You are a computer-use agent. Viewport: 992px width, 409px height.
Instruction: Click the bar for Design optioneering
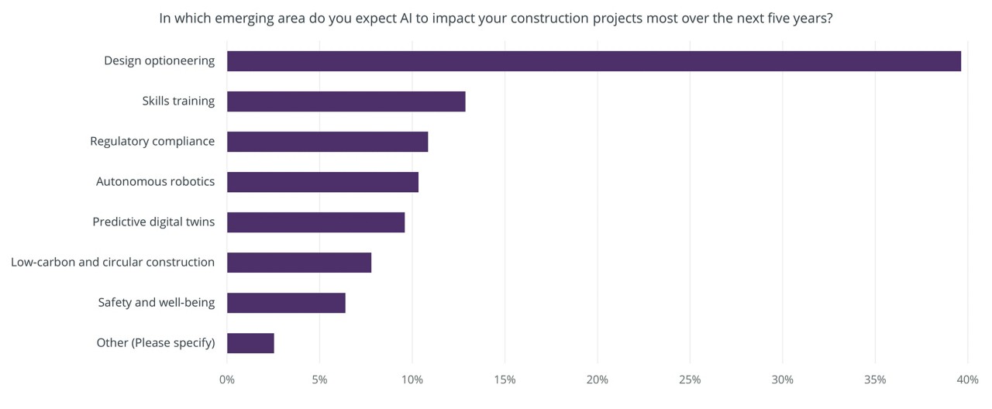click(594, 61)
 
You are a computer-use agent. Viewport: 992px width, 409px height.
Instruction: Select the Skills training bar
click(346, 101)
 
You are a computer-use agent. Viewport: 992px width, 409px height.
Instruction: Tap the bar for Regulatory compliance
click(327, 142)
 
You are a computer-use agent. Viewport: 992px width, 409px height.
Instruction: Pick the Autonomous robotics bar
click(322, 182)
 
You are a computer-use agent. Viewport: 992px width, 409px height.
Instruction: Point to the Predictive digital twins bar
click(315, 222)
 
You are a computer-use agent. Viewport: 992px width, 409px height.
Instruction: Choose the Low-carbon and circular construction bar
click(299, 263)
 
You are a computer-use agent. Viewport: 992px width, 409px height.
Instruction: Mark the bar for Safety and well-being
click(286, 303)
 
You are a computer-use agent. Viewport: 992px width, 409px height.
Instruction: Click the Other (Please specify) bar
click(250, 343)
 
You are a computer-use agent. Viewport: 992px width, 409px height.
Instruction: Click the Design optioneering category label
click(159, 60)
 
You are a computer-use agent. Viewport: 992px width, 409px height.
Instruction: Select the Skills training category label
click(178, 101)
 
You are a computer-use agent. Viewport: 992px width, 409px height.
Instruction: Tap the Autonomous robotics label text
click(155, 181)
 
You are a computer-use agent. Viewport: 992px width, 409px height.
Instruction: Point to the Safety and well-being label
click(156, 302)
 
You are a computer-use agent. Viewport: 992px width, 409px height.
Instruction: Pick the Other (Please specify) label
click(155, 342)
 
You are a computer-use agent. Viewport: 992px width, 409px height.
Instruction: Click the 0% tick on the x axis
click(227, 380)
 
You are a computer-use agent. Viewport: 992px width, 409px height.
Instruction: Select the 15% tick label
click(505, 380)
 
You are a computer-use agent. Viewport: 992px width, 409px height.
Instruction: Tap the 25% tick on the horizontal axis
click(690, 380)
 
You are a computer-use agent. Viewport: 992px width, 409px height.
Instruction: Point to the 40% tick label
click(967, 380)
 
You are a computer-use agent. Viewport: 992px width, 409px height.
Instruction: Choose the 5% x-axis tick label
click(319, 380)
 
